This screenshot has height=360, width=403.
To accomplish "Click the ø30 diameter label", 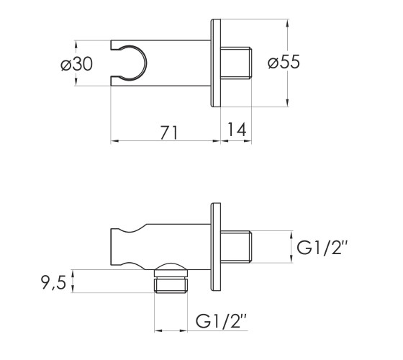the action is (76, 64).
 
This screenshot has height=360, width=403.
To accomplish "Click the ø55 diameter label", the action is (284, 62).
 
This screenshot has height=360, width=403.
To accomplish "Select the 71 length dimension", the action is (168, 132).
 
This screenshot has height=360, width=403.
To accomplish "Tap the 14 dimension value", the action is (237, 130).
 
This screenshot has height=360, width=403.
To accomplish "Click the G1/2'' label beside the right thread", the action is (322, 248).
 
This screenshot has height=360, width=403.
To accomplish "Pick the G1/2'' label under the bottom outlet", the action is (222, 320).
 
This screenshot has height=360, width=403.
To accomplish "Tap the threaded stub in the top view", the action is (236, 63).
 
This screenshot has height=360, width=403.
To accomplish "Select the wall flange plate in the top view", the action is (216, 63).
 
